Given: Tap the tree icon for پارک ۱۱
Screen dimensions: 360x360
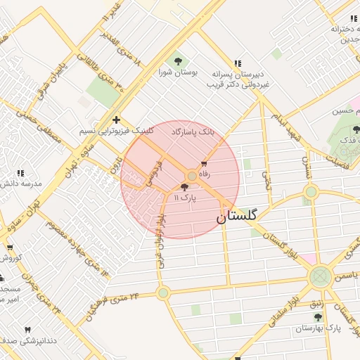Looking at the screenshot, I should tap(185, 188).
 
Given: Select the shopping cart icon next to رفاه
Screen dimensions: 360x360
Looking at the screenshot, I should tap(204, 164).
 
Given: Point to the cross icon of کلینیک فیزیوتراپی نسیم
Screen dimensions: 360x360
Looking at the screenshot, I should tap(116, 120).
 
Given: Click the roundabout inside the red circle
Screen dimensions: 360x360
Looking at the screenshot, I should tap(192, 176).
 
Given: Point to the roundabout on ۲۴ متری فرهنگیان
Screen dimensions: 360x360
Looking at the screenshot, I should tap(163, 292).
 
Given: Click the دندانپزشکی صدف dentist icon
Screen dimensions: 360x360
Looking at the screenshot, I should tap(28, 329).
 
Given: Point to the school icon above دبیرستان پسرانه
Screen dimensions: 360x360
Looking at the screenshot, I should tap(238, 63).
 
